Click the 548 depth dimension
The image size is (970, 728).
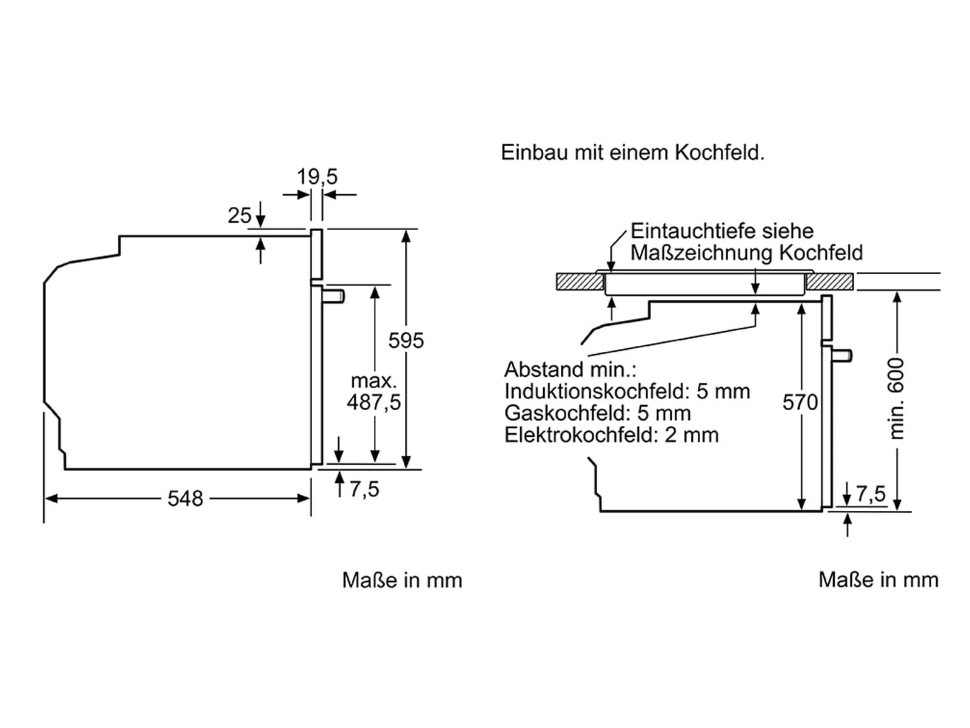(185, 499)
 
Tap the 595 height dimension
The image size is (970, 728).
(406, 340)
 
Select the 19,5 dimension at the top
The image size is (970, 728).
(316, 177)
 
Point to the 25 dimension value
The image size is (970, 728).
(239, 215)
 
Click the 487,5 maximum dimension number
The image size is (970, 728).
(373, 402)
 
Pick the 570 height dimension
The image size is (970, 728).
(800, 402)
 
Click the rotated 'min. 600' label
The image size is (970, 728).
(897, 399)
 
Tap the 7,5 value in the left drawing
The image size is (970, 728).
(364, 489)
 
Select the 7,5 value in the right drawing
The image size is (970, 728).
(871, 494)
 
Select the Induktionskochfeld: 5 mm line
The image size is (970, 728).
(627, 391)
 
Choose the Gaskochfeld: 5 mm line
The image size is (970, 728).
(597, 413)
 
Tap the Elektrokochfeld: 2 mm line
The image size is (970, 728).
(611, 435)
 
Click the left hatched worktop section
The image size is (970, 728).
(580, 282)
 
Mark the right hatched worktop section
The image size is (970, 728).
(829, 282)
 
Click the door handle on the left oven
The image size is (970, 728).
(334, 296)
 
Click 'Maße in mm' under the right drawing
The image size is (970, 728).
(878, 580)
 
